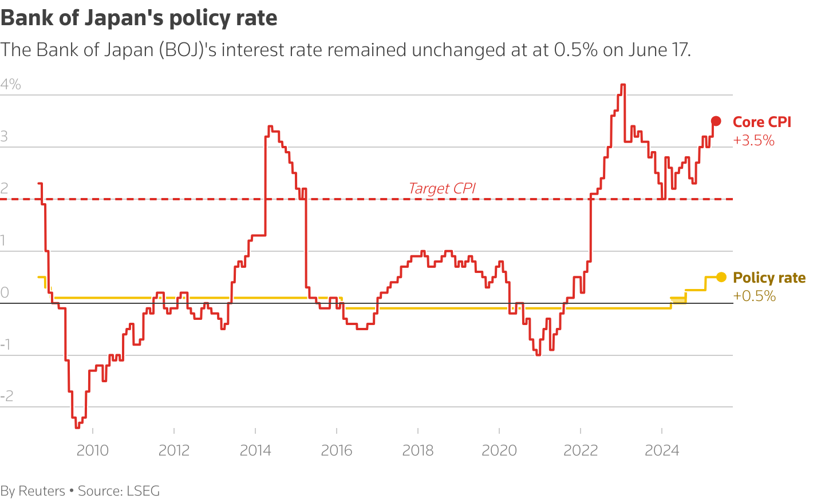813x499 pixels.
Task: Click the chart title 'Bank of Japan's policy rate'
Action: click(x=139, y=18)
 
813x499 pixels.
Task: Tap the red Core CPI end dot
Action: click(x=716, y=121)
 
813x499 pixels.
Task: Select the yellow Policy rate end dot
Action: click(x=721, y=278)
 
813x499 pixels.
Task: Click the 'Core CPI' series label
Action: click(x=761, y=122)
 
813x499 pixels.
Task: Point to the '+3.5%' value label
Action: click(x=753, y=141)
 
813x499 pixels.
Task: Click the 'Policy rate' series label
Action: click(x=769, y=278)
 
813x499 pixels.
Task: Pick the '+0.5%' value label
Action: click(x=754, y=296)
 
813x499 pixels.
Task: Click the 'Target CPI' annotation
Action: click(x=442, y=188)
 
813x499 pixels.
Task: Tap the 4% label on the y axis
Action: click(x=10, y=85)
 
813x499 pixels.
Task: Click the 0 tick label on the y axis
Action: click(x=5, y=292)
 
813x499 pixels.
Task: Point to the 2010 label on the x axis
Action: click(x=93, y=450)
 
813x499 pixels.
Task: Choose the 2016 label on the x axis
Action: click(x=337, y=450)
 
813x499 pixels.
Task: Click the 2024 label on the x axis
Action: click(x=662, y=450)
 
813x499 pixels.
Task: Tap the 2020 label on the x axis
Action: click(x=499, y=450)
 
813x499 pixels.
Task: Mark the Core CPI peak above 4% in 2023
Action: click(x=623, y=85)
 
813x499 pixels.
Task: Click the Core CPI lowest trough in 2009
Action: click(x=77, y=427)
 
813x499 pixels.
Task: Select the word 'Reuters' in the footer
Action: click(x=42, y=491)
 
